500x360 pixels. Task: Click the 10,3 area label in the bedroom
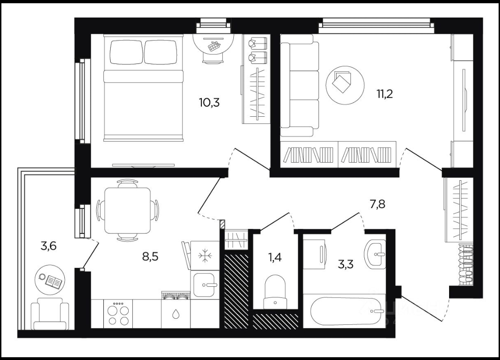click(x=209, y=103)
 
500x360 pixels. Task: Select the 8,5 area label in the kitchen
click(x=150, y=256)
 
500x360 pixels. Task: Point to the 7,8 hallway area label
click(x=377, y=203)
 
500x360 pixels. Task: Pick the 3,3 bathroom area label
click(x=346, y=264)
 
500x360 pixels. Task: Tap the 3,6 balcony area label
click(x=49, y=246)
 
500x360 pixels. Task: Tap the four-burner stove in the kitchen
click(x=118, y=314)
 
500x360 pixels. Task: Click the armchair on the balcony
click(x=50, y=314)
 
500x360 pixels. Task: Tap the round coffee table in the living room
click(x=345, y=85)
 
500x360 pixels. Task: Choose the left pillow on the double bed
click(x=126, y=52)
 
